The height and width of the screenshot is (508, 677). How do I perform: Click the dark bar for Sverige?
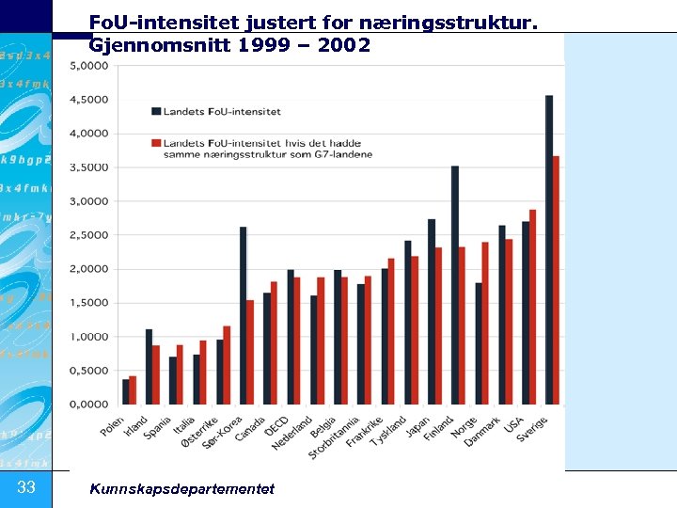tap(549, 249)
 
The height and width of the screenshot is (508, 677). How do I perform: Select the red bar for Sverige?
tap(557, 280)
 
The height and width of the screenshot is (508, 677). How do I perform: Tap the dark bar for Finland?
tap(455, 285)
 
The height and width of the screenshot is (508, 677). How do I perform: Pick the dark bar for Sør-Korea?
tap(243, 315)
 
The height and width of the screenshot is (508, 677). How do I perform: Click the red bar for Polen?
tap(133, 390)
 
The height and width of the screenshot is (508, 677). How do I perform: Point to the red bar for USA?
tap(533, 307)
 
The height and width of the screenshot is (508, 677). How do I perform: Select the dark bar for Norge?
tap(479, 343)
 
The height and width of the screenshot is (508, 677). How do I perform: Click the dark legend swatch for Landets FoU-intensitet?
tap(155, 111)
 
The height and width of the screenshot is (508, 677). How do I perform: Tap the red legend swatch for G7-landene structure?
tap(155, 143)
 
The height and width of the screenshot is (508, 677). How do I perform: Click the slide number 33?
tap(26, 486)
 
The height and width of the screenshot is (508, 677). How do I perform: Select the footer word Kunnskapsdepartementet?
tap(181, 488)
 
